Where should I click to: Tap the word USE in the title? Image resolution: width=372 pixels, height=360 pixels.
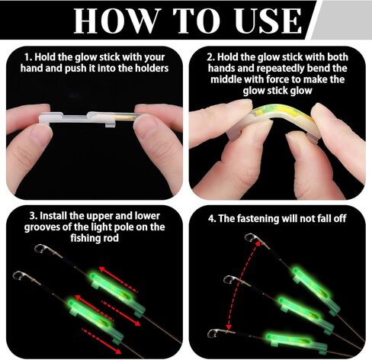[261, 21]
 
